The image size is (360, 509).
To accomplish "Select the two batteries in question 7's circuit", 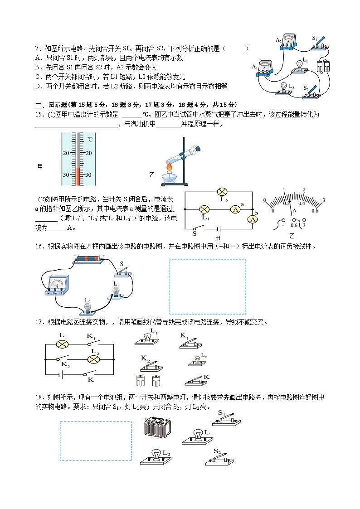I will (324, 67).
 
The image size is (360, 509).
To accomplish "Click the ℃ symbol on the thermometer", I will (90, 140).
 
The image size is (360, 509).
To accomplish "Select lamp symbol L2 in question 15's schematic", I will (222, 192).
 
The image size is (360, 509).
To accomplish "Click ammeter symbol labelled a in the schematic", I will (235, 209).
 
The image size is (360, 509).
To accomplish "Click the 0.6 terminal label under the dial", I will (294, 226).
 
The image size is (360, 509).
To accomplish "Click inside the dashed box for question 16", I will (208, 286).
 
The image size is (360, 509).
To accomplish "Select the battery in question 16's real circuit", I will (88, 258).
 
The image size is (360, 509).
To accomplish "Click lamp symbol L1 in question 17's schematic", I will (62, 344).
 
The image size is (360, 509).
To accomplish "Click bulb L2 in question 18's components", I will (156, 455).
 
